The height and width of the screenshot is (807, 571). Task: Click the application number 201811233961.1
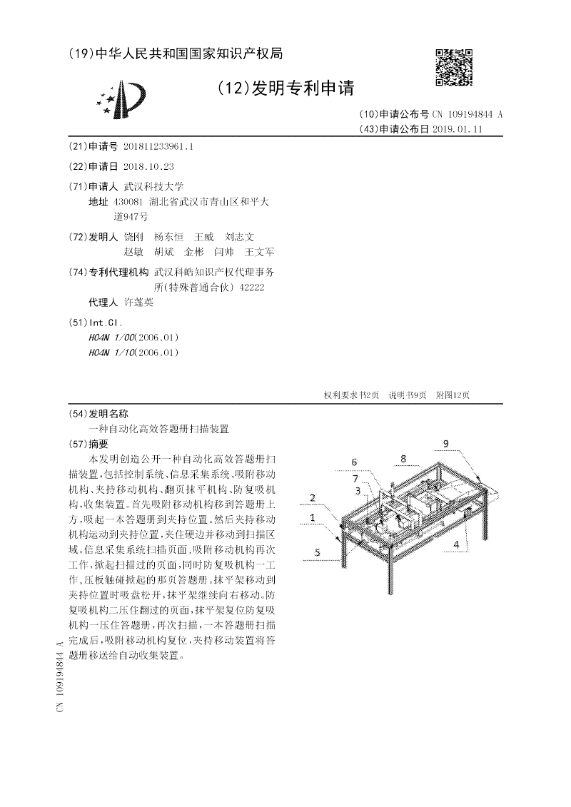(x=158, y=147)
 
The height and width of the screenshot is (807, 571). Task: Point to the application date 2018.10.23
(x=148, y=166)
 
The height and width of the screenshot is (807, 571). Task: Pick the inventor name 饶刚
(x=133, y=236)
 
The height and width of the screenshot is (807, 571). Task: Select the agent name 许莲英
(x=138, y=303)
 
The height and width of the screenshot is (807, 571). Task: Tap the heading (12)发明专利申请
(x=285, y=88)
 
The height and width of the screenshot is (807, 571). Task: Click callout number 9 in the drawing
(x=445, y=444)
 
